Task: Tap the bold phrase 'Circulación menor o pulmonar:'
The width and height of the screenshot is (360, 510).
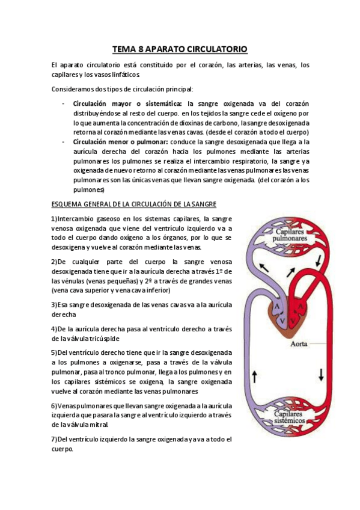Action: click(121, 142)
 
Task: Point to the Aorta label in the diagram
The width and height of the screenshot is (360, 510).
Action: click(301, 345)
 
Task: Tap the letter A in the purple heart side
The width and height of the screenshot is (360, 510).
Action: click(277, 306)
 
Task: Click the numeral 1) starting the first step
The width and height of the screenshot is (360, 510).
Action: click(54, 219)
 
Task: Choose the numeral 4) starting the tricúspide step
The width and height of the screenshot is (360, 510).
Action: click(54, 329)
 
